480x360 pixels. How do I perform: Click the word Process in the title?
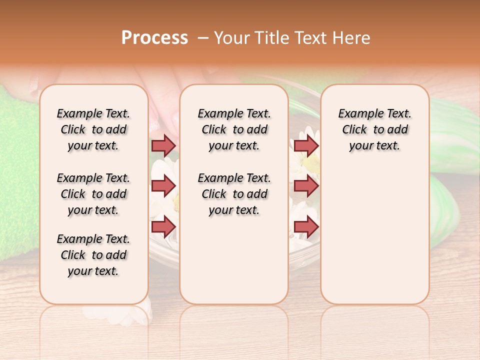coord(154,38)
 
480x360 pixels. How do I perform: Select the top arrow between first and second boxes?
coord(163,145)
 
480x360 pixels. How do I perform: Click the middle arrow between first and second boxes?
coord(163,186)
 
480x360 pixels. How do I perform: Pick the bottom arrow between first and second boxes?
coord(163,226)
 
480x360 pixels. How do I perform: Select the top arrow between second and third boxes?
coord(305,145)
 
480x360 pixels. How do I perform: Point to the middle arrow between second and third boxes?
coord(305,186)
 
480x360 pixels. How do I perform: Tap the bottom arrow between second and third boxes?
coord(305,226)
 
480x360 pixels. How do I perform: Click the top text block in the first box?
coord(93,129)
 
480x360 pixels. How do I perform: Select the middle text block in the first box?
coord(93,194)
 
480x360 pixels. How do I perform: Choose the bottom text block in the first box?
coord(93,255)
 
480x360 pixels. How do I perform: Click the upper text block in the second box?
coord(234,129)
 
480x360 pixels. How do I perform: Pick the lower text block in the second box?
coord(234,194)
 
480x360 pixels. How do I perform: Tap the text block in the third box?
coord(375,129)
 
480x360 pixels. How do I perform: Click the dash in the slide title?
coord(203,38)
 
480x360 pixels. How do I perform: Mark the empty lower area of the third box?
coord(375,235)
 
